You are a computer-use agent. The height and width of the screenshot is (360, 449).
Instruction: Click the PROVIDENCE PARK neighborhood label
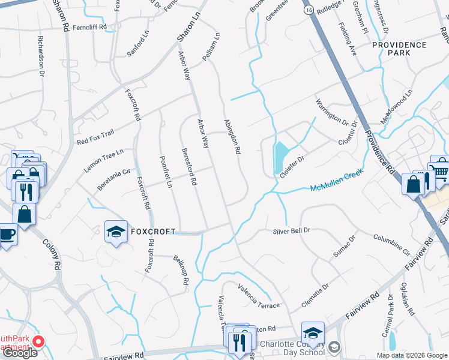click(x=399, y=49)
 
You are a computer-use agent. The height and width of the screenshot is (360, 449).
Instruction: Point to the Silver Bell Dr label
click(x=291, y=230)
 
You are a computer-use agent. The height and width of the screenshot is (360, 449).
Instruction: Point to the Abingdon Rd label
click(x=232, y=137)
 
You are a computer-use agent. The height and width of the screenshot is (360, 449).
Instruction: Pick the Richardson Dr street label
click(x=41, y=58)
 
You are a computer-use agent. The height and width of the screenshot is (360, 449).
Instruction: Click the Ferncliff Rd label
click(x=89, y=27)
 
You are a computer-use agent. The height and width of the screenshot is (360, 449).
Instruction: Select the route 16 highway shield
click(x=308, y=11)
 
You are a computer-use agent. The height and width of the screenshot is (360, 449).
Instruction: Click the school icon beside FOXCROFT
click(x=115, y=232)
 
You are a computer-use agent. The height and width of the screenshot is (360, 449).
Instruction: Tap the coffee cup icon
click(x=7, y=233)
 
